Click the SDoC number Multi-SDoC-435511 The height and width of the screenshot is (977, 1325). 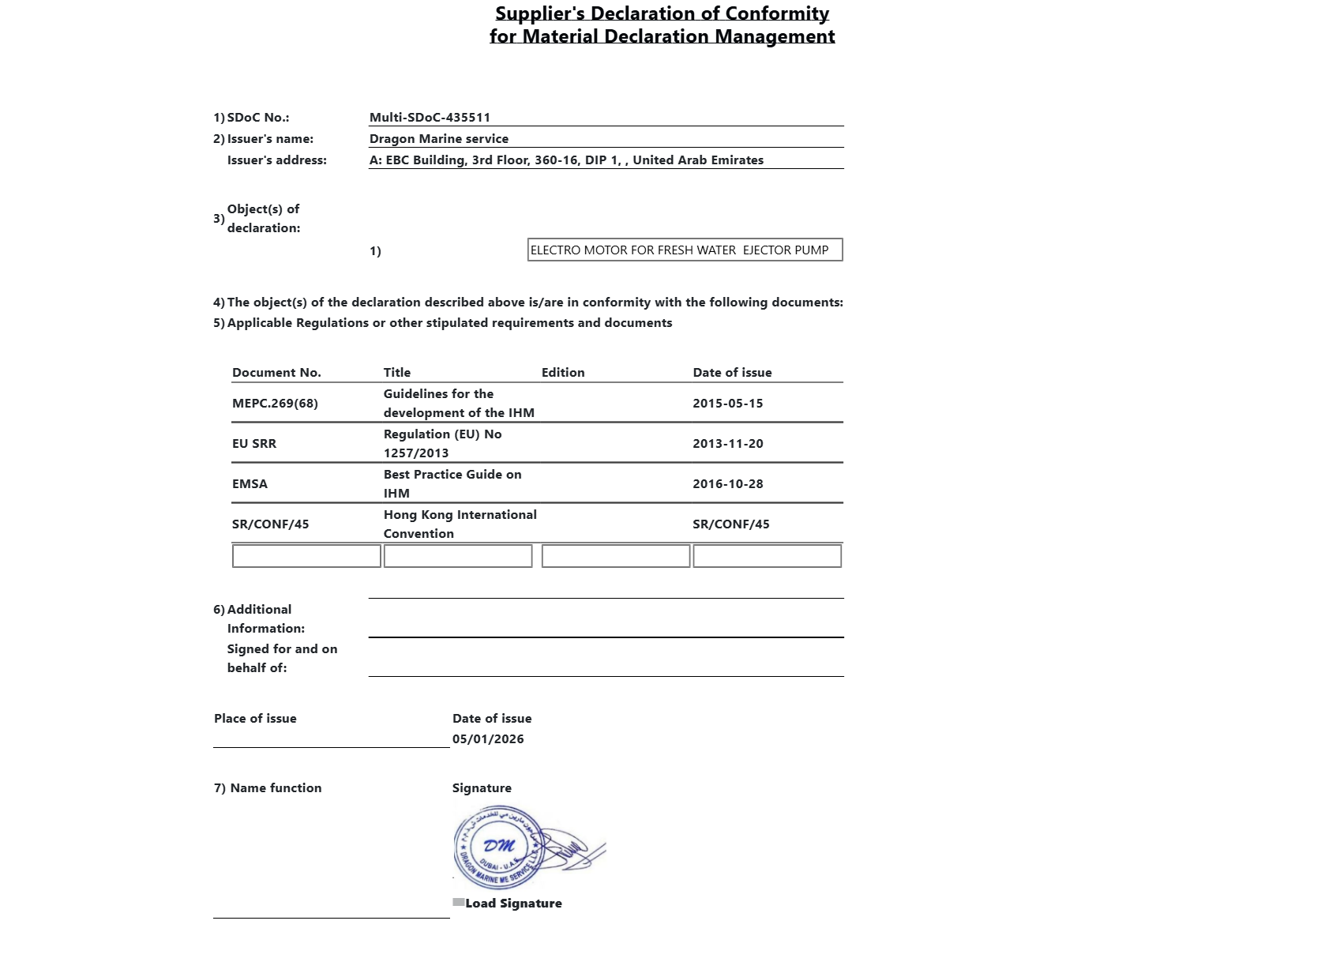coord(430,118)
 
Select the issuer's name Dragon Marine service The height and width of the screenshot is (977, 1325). coord(438,139)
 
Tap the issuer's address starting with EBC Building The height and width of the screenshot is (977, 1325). coord(566,160)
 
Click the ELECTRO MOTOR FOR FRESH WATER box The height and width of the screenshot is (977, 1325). coord(685,250)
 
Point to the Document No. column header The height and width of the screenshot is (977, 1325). coord(276,373)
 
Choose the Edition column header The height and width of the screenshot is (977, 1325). coord(563,373)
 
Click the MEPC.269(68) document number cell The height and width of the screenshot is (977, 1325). coord(275,404)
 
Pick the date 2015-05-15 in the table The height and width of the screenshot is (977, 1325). coord(727,404)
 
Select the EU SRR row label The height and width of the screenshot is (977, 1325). coord(254,444)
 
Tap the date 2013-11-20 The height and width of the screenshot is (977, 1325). coord(727,444)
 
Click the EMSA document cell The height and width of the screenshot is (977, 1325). coord(250,484)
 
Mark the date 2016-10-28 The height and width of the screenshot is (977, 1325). coord(727,484)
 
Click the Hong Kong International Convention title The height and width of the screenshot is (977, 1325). coord(460,524)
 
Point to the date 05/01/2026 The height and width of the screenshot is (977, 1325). coord(488,739)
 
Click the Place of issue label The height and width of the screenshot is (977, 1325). coord(255,719)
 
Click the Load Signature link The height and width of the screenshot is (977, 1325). coord(513,904)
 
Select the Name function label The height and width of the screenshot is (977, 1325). coord(276,788)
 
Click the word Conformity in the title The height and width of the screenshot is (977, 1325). coord(777,13)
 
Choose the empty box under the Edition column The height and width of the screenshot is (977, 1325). coord(616,556)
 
